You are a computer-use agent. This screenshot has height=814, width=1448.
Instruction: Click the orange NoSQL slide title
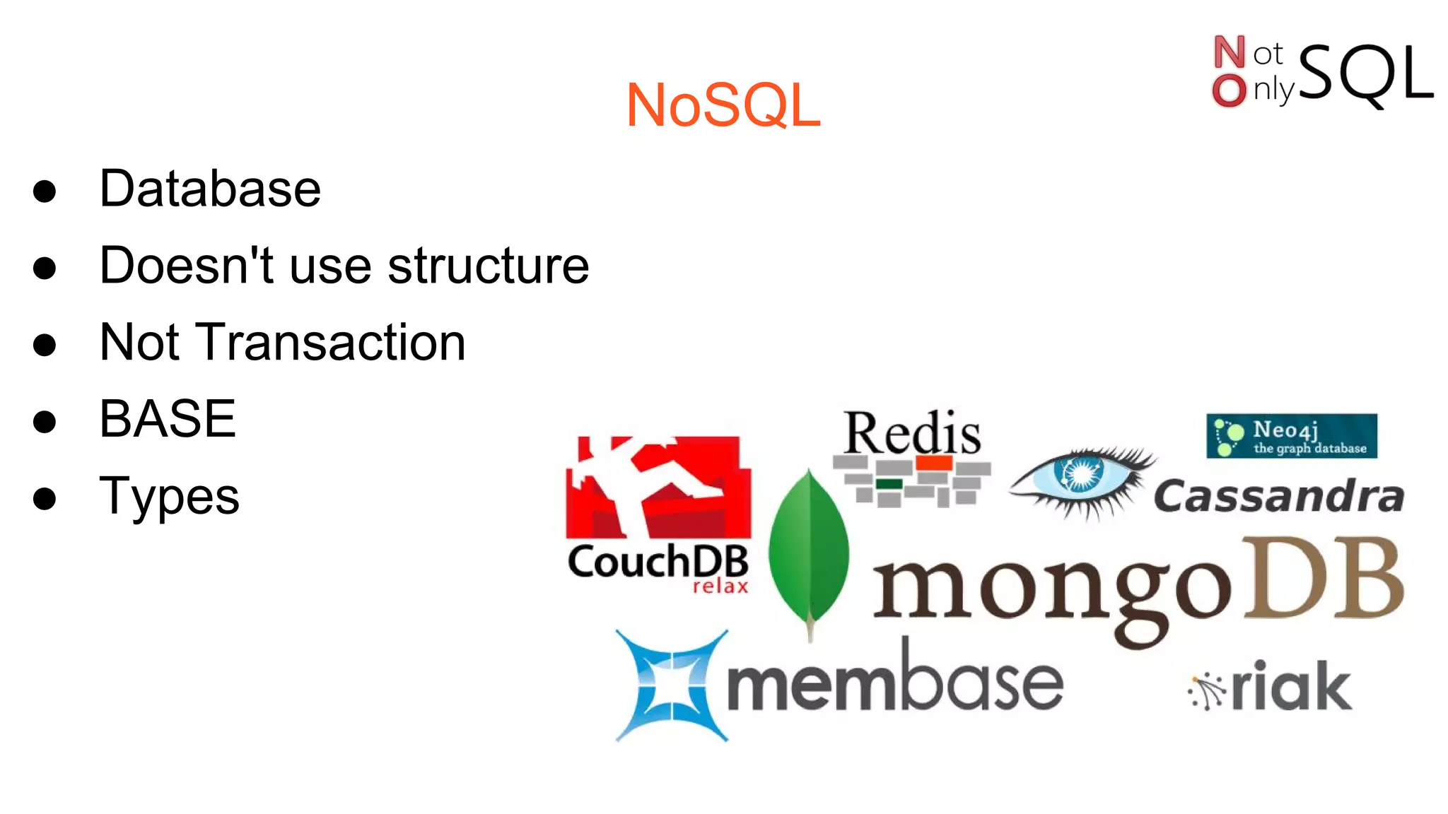(x=723, y=105)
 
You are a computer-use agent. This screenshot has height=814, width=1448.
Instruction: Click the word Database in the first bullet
(x=210, y=189)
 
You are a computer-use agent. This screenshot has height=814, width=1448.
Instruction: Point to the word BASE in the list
(x=168, y=419)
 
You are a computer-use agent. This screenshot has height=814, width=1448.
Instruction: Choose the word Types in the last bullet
(x=170, y=496)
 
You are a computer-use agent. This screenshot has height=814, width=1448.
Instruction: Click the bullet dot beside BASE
(x=45, y=421)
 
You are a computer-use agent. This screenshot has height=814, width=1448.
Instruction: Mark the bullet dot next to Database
(x=45, y=191)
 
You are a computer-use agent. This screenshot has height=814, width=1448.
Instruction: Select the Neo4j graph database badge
(x=1292, y=436)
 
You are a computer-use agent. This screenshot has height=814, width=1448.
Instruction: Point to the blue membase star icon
(x=671, y=685)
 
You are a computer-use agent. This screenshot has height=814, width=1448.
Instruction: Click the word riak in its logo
(x=1291, y=687)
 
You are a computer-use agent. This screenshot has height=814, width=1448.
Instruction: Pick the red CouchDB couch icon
(x=658, y=487)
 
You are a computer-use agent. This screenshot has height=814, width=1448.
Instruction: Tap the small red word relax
(x=720, y=586)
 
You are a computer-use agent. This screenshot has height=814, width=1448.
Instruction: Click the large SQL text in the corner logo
(x=1365, y=73)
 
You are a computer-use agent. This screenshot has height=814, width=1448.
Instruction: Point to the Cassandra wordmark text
(x=1279, y=496)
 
